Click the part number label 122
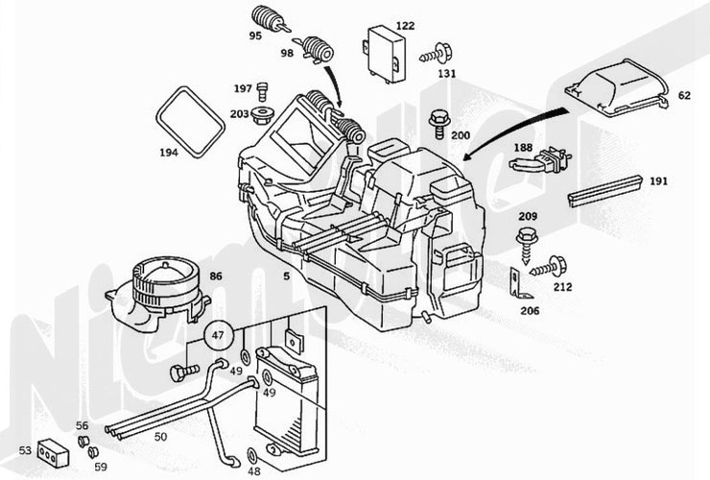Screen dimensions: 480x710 405,26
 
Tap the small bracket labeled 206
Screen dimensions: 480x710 516,283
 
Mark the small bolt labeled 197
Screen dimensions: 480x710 262,91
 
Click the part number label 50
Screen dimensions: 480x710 160,438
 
